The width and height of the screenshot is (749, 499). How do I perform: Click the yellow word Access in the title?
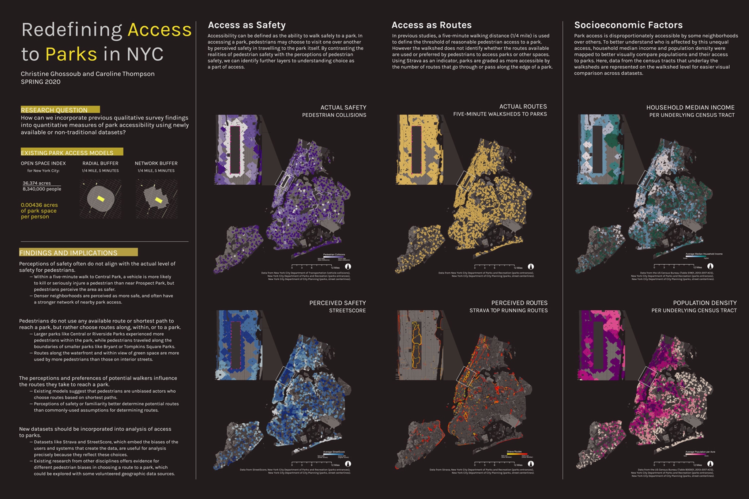(159, 30)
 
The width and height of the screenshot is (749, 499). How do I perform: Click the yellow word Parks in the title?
(71, 54)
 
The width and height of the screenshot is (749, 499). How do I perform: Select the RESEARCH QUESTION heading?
(54, 110)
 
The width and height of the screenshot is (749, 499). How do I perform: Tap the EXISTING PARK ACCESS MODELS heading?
(67, 153)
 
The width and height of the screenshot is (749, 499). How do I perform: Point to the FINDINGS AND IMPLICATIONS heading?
(68, 253)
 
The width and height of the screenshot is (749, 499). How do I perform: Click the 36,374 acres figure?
(37, 183)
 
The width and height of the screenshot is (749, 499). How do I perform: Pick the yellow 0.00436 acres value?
(39, 205)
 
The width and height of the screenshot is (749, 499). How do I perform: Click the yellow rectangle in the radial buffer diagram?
(101, 199)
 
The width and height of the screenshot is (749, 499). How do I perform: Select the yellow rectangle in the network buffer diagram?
(158, 200)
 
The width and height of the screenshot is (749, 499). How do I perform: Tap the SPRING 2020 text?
(41, 82)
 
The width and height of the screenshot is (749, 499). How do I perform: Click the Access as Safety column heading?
(246, 25)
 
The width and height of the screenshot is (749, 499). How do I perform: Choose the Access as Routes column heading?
(432, 25)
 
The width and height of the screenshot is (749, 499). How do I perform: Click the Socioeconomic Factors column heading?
(628, 25)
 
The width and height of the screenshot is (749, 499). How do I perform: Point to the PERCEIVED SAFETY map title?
(337, 303)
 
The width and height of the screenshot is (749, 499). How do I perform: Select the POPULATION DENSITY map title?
(705, 303)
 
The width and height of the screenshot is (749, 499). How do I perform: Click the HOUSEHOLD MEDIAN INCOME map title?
(690, 107)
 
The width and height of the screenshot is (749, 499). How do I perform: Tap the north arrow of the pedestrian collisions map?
(348, 267)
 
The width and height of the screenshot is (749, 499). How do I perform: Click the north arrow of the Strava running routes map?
(531, 464)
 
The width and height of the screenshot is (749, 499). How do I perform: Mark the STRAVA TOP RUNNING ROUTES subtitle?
(508, 311)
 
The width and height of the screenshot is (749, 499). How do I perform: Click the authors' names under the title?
(88, 74)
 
